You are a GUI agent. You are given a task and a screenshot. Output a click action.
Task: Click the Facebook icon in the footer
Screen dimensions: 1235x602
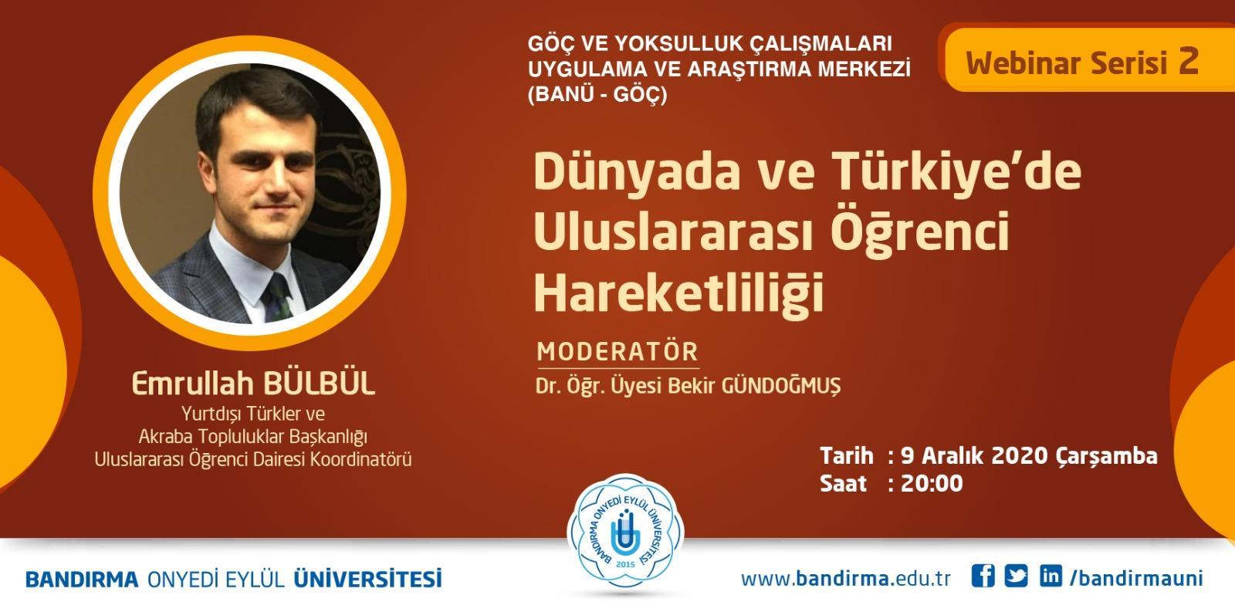point(983,576)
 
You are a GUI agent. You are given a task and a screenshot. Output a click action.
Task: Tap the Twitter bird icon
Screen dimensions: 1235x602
point(1016,576)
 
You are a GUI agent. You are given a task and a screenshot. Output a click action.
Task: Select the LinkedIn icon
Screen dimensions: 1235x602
point(1051,576)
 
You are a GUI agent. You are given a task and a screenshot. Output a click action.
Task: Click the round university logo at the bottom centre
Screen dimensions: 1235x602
point(625,533)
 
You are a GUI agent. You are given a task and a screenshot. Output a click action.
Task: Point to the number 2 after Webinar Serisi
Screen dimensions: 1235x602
point(1189,61)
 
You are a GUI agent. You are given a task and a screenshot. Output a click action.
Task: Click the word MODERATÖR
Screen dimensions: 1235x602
point(617,352)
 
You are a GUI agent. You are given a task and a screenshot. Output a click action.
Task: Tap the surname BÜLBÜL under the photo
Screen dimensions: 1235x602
point(320,384)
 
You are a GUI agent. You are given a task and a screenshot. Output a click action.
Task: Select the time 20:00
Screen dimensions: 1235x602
point(932,483)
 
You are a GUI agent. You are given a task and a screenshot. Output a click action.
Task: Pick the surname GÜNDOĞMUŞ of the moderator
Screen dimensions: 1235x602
point(781,386)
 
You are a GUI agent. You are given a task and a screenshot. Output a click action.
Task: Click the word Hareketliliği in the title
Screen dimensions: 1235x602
point(678,293)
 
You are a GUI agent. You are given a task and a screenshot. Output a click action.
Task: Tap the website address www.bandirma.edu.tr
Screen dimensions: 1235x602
point(846,578)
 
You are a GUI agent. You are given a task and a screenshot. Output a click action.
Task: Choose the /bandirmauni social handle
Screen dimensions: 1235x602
point(1135,578)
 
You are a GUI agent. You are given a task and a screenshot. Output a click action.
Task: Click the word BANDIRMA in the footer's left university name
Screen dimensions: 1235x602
point(82,580)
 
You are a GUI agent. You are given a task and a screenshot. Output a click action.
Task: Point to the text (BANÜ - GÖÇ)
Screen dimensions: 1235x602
point(597,94)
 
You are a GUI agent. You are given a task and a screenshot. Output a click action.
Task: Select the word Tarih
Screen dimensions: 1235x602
point(846,456)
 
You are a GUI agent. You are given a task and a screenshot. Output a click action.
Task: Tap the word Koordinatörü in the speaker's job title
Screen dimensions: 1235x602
point(360,459)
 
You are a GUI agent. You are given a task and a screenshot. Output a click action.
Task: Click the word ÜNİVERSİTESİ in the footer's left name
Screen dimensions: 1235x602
point(367,578)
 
